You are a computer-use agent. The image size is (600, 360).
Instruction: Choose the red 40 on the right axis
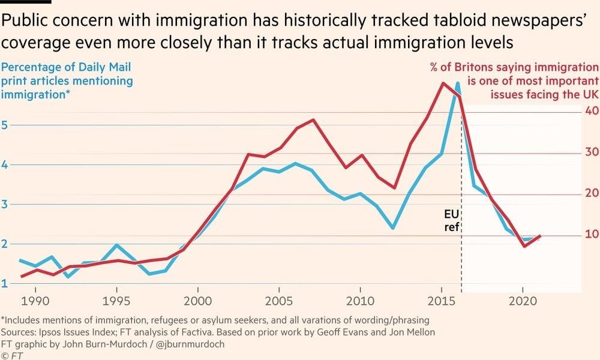tap(590, 111)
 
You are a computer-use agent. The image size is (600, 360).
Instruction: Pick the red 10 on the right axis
tap(590, 234)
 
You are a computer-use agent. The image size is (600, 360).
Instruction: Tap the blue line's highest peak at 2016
tap(457, 83)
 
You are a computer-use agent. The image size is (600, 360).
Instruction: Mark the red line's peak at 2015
tap(443, 83)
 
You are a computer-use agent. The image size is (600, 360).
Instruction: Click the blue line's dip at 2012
tap(392, 228)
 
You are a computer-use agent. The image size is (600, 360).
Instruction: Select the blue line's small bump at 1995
tap(117, 245)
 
